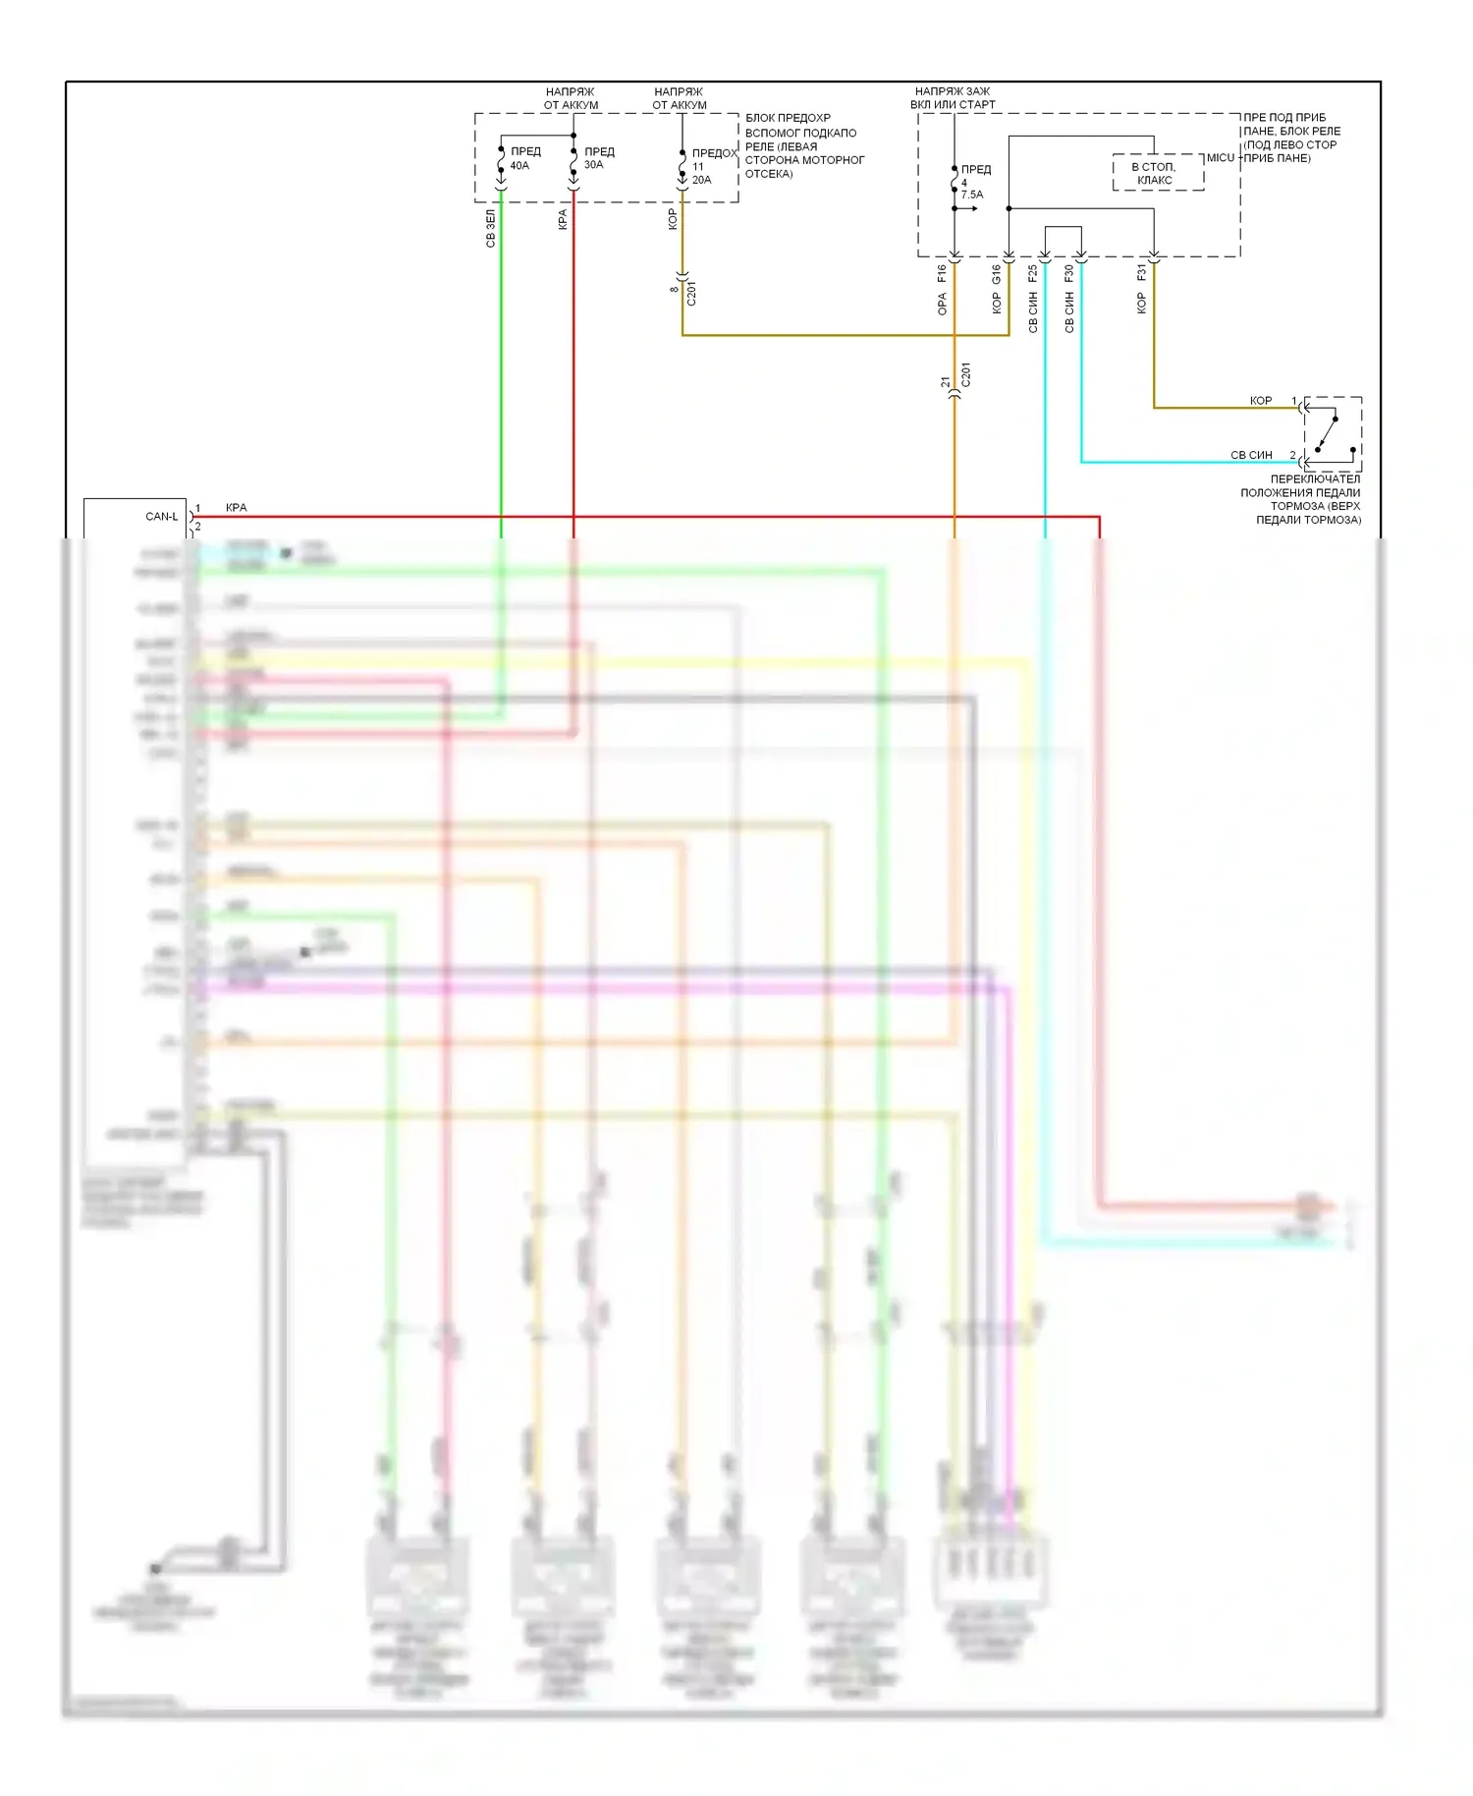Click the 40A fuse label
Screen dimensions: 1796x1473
point(519,166)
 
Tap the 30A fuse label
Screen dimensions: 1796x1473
point(593,165)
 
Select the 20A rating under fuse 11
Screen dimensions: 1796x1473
point(701,180)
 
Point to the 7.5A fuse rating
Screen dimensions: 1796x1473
point(971,195)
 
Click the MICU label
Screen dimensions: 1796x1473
point(1220,157)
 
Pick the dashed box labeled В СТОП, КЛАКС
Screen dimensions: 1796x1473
point(1157,173)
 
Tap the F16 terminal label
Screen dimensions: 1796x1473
point(942,273)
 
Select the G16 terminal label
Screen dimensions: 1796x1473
point(996,274)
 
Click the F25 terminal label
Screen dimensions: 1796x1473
point(1032,273)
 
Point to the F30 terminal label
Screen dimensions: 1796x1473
point(1068,273)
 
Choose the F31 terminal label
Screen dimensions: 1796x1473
point(1141,272)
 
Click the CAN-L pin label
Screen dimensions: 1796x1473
point(161,516)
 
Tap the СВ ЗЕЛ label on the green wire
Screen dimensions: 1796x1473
point(490,228)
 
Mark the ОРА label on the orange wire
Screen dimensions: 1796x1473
point(942,305)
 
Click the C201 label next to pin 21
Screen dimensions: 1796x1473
point(965,375)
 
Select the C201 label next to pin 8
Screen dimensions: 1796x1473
point(691,293)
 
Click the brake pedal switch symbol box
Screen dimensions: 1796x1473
point(1333,433)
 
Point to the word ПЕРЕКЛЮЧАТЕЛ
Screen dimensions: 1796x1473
point(1315,478)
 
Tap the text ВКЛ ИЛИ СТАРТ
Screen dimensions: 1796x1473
point(952,105)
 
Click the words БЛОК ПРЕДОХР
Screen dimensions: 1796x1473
point(788,118)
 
